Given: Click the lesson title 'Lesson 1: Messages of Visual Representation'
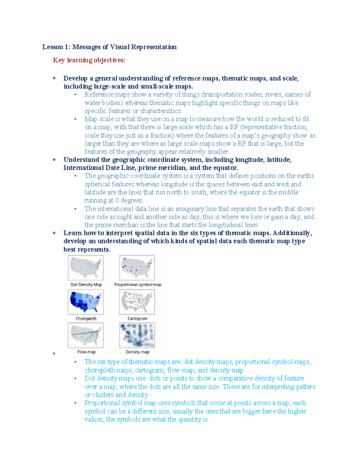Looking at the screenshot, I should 109,47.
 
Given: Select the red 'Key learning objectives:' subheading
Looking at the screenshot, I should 89,60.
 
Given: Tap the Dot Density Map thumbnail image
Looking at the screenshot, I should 86,268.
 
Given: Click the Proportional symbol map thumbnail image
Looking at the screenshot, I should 137,268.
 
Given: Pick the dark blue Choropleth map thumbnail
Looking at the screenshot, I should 86,302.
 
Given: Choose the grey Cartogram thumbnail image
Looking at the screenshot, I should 137,302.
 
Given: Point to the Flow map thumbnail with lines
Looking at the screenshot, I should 86,335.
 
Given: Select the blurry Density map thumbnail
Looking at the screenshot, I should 137,335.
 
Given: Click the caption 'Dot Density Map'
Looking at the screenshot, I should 86,284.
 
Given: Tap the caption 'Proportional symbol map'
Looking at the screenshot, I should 138,284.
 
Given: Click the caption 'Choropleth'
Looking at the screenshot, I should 86,319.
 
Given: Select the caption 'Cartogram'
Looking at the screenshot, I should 137,319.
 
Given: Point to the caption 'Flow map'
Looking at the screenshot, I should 86,352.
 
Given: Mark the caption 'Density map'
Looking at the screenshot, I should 137,352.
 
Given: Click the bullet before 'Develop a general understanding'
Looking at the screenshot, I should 54,78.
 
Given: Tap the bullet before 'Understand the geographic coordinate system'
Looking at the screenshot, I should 54,160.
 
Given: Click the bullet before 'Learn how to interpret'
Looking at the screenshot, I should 54,233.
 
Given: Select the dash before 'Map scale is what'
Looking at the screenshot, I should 75,119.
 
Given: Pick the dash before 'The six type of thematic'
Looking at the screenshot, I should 75,362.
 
